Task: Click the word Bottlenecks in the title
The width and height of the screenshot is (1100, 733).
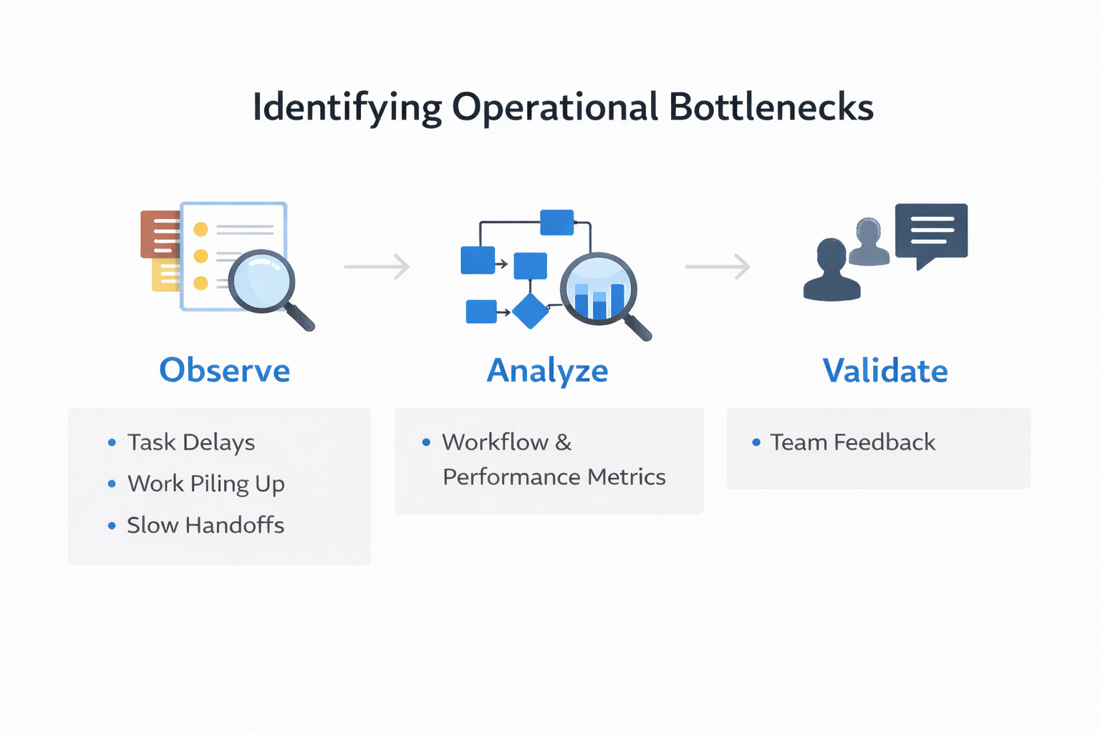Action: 771,107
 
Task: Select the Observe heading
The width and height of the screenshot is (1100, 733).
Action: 224,370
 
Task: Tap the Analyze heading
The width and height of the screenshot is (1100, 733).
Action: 547,371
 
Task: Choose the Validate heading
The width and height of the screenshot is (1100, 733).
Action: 885,371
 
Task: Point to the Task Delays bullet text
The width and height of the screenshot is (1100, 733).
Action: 191,442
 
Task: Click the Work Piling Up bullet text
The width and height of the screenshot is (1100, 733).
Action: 206,484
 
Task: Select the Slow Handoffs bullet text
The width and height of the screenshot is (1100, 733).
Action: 206,525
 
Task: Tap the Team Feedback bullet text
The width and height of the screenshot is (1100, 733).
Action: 852,442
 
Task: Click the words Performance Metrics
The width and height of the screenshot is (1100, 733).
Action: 554,477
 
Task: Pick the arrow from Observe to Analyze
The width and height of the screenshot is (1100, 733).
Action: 377,266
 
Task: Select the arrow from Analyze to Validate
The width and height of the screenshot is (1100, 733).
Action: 718,266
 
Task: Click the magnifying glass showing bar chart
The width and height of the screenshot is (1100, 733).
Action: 599,290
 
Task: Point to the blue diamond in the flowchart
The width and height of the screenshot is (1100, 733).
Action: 530,311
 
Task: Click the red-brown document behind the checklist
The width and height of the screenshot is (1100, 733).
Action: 159,233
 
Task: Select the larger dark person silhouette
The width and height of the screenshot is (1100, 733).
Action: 831,271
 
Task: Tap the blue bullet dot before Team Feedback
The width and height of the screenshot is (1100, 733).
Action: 756,442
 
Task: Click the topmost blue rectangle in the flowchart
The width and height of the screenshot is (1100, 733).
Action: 556,222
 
